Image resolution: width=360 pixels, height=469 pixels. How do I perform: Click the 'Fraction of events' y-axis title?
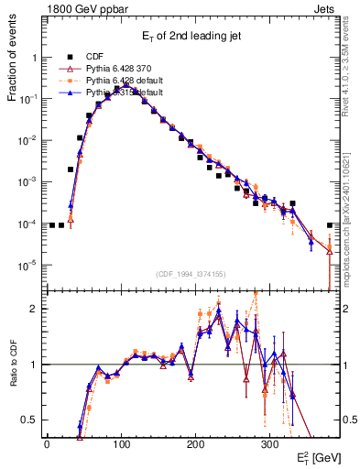pos(12,72)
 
